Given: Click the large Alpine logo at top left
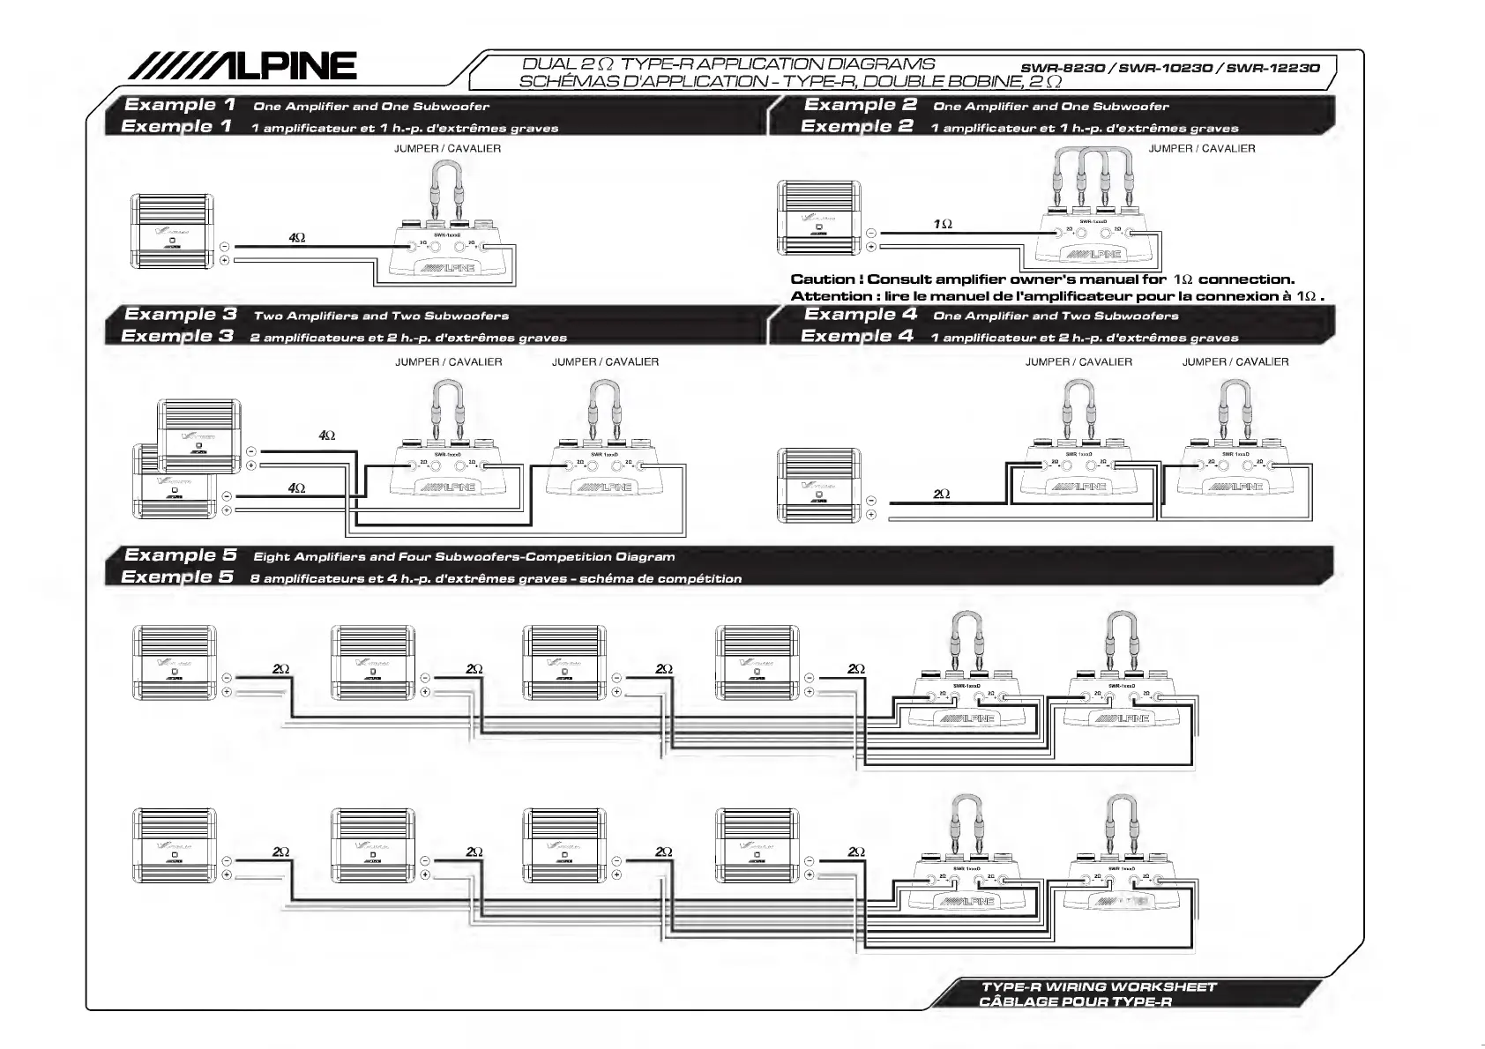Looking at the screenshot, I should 243,65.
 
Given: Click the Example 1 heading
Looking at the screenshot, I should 180,105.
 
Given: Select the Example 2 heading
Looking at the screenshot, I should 860,105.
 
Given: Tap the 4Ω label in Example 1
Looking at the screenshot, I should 297,238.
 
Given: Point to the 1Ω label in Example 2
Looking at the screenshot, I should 943,225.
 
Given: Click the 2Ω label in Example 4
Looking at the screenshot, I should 942,495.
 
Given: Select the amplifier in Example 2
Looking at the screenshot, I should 819,219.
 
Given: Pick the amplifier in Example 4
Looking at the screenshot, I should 818,486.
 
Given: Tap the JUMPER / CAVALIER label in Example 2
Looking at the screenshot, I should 1201,149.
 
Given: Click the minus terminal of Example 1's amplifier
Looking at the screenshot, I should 225,247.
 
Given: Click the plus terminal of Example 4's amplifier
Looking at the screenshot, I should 871,515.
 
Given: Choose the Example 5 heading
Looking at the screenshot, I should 180,555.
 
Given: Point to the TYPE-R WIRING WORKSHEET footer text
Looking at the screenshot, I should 1099,987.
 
